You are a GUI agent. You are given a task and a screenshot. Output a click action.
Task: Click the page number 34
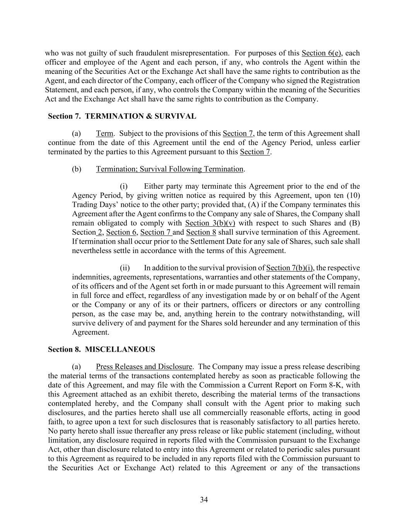[204, 500]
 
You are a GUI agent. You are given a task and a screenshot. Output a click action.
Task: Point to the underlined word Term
[104, 133]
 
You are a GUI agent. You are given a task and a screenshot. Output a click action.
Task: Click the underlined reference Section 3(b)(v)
[210, 223]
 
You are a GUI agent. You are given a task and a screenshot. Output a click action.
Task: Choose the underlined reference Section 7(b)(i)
[290, 268]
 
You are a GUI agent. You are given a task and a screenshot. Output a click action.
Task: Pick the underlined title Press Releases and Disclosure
[144, 366]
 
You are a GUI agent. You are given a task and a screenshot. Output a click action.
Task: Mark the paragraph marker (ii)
[125, 268]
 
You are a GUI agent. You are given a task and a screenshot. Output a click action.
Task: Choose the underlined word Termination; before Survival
[117, 169]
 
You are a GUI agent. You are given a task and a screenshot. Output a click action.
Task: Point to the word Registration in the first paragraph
[340, 80]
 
